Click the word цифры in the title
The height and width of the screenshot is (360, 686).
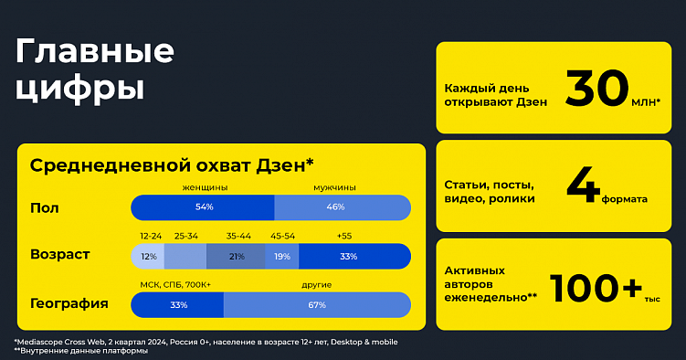coord(79,89)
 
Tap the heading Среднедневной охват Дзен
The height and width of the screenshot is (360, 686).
coord(172,164)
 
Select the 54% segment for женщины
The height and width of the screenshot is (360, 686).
coord(203,207)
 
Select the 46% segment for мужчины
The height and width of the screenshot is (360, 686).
coord(342,207)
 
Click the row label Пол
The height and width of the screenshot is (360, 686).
coord(45,207)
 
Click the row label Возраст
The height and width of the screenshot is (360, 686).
coord(60,254)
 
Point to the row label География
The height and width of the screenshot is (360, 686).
coord(69,304)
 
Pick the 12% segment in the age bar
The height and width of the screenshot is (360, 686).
coord(148,257)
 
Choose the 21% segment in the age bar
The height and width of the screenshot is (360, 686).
coord(236,257)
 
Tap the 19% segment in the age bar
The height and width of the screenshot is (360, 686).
coord(282,257)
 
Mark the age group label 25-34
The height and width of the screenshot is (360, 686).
coord(186,236)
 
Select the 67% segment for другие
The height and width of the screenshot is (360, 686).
coord(317,305)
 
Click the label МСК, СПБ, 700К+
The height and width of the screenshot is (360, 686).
coord(175,285)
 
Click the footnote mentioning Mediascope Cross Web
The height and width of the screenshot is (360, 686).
coord(206,342)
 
